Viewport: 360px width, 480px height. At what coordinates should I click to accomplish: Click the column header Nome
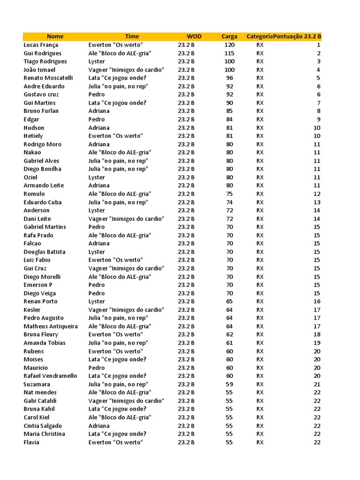[55, 37]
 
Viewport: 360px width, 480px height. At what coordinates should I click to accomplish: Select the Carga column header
[229, 37]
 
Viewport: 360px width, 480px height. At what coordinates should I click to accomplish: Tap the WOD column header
[194, 37]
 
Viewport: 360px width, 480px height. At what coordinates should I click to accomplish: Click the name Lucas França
[41, 45]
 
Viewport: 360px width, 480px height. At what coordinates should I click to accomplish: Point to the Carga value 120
[229, 45]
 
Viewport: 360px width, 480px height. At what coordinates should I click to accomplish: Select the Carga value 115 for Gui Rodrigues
[229, 53]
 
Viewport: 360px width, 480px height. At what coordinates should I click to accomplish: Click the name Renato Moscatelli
[48, 78]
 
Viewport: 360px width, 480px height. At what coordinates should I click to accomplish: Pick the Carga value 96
[229, 78]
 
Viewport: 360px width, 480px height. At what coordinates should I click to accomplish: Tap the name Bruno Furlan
[41, 111]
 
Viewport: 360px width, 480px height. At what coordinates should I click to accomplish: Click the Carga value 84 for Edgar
[229, 120]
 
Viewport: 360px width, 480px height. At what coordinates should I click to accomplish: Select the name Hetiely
[33, 136]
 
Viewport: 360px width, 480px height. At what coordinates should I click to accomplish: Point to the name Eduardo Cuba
[43, 202]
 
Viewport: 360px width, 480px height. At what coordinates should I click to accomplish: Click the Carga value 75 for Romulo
[229, 194]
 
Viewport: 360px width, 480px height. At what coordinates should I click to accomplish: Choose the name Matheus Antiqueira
[51, 326]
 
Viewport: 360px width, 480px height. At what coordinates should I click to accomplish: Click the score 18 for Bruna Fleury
[317, 335]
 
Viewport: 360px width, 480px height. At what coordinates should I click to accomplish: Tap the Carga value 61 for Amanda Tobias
[229, 343]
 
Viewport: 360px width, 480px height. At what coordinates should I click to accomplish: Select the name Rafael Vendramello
[50, 376]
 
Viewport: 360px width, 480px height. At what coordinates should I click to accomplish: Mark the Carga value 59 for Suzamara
[229, 384]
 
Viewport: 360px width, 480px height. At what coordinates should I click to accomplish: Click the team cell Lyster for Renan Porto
[97, 301]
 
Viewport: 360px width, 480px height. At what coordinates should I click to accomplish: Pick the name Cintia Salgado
[43, 426]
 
